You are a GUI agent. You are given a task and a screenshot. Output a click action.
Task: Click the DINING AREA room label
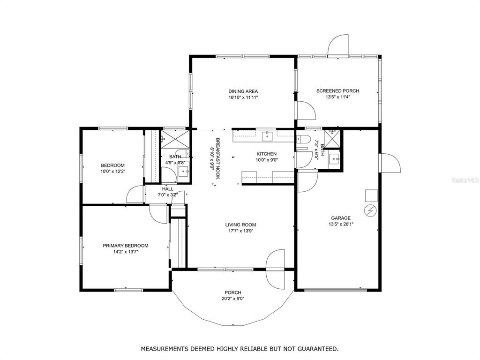[x=243, y=91]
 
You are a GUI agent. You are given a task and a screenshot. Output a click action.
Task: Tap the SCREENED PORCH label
[x=337, y=91]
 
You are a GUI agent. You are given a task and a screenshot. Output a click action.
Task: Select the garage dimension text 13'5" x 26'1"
[x=341, y=224]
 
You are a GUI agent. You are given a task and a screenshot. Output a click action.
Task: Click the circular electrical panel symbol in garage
[x=370, y=210]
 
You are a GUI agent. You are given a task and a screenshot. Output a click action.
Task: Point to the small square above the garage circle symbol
[x=371, y=195]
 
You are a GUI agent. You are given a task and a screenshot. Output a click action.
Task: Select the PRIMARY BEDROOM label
[x=126, y=246]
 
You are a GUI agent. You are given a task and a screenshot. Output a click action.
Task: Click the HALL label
[x=167, y=189]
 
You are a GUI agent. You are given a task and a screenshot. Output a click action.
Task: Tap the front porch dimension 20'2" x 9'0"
[x=233, y=299]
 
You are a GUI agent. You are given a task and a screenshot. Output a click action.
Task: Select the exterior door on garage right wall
[x=390, y=163]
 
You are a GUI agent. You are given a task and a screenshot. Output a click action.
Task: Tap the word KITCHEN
[x=267, y=154]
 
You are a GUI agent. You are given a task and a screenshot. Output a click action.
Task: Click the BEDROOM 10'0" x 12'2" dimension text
[x=113, y=172]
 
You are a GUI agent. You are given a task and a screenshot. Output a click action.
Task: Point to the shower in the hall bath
[x=175, y=140]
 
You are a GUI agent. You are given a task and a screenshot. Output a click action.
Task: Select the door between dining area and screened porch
[x=305, y=110]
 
